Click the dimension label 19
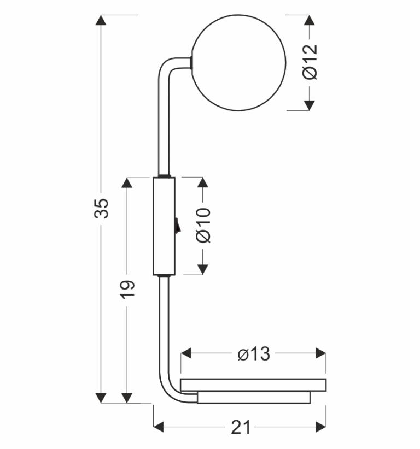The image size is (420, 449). click(x=127, y=289)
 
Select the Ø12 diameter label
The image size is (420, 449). click(x=310, y=62)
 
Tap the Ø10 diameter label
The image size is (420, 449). click(x=203, y=226)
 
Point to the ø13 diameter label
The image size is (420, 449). click(x=254, y=354)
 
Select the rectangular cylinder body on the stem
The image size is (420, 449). click(x=163, y=226)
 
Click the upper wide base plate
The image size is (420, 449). click(x=253, y=385)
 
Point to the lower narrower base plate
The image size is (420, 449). click(x=254, y=398)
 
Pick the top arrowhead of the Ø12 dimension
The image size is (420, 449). click(x=310, y=20)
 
